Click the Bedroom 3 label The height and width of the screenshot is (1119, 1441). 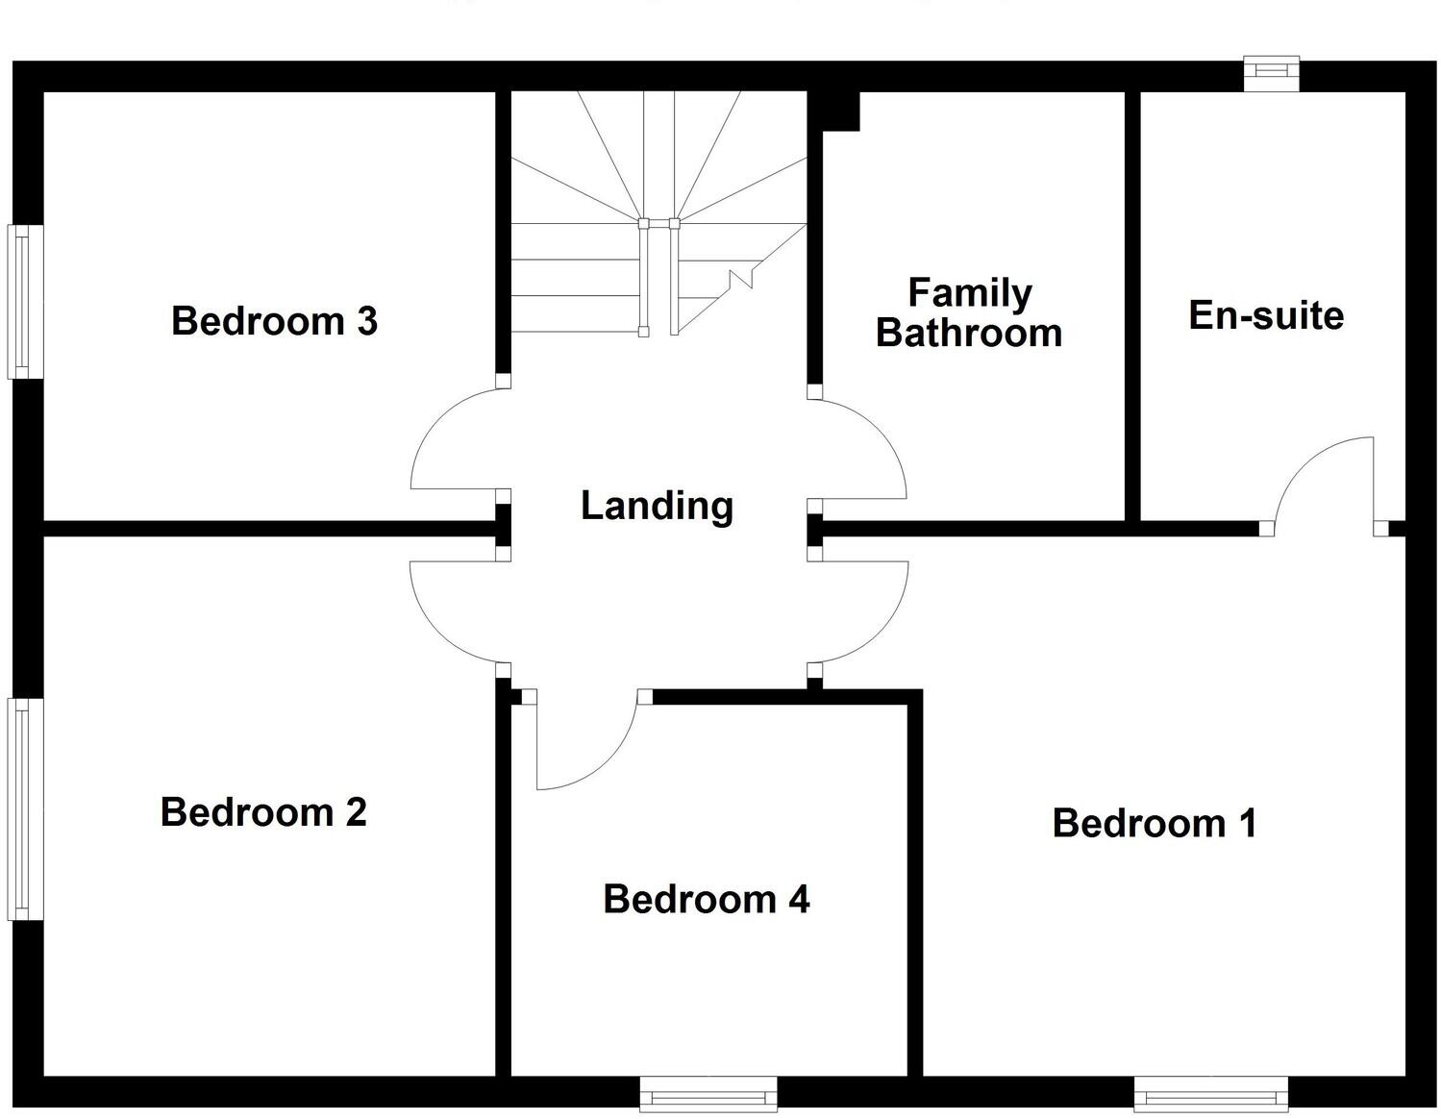(x=274, y=321)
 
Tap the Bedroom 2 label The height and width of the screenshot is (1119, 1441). (x=263, y=812)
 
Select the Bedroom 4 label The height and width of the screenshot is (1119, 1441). (x=707, y=900)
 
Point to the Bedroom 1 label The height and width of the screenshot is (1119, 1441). (x=1155, y=824)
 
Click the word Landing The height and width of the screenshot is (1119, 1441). (x=657, y=506)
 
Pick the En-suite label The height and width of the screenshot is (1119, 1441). (x=1266, y=315)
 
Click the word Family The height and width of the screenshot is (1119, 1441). (x=970, y=293)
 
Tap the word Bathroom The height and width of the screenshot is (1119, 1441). (x=969, y=334)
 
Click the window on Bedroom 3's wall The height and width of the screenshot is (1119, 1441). (x=25, y=301)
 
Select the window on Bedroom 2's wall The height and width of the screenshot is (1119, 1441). (x=25, y=809)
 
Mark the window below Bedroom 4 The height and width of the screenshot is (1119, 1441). (x=708, y=1093)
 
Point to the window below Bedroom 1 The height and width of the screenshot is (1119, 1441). (x=1210, y=1093)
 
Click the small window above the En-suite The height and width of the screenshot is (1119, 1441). (x=1271, y=74)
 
